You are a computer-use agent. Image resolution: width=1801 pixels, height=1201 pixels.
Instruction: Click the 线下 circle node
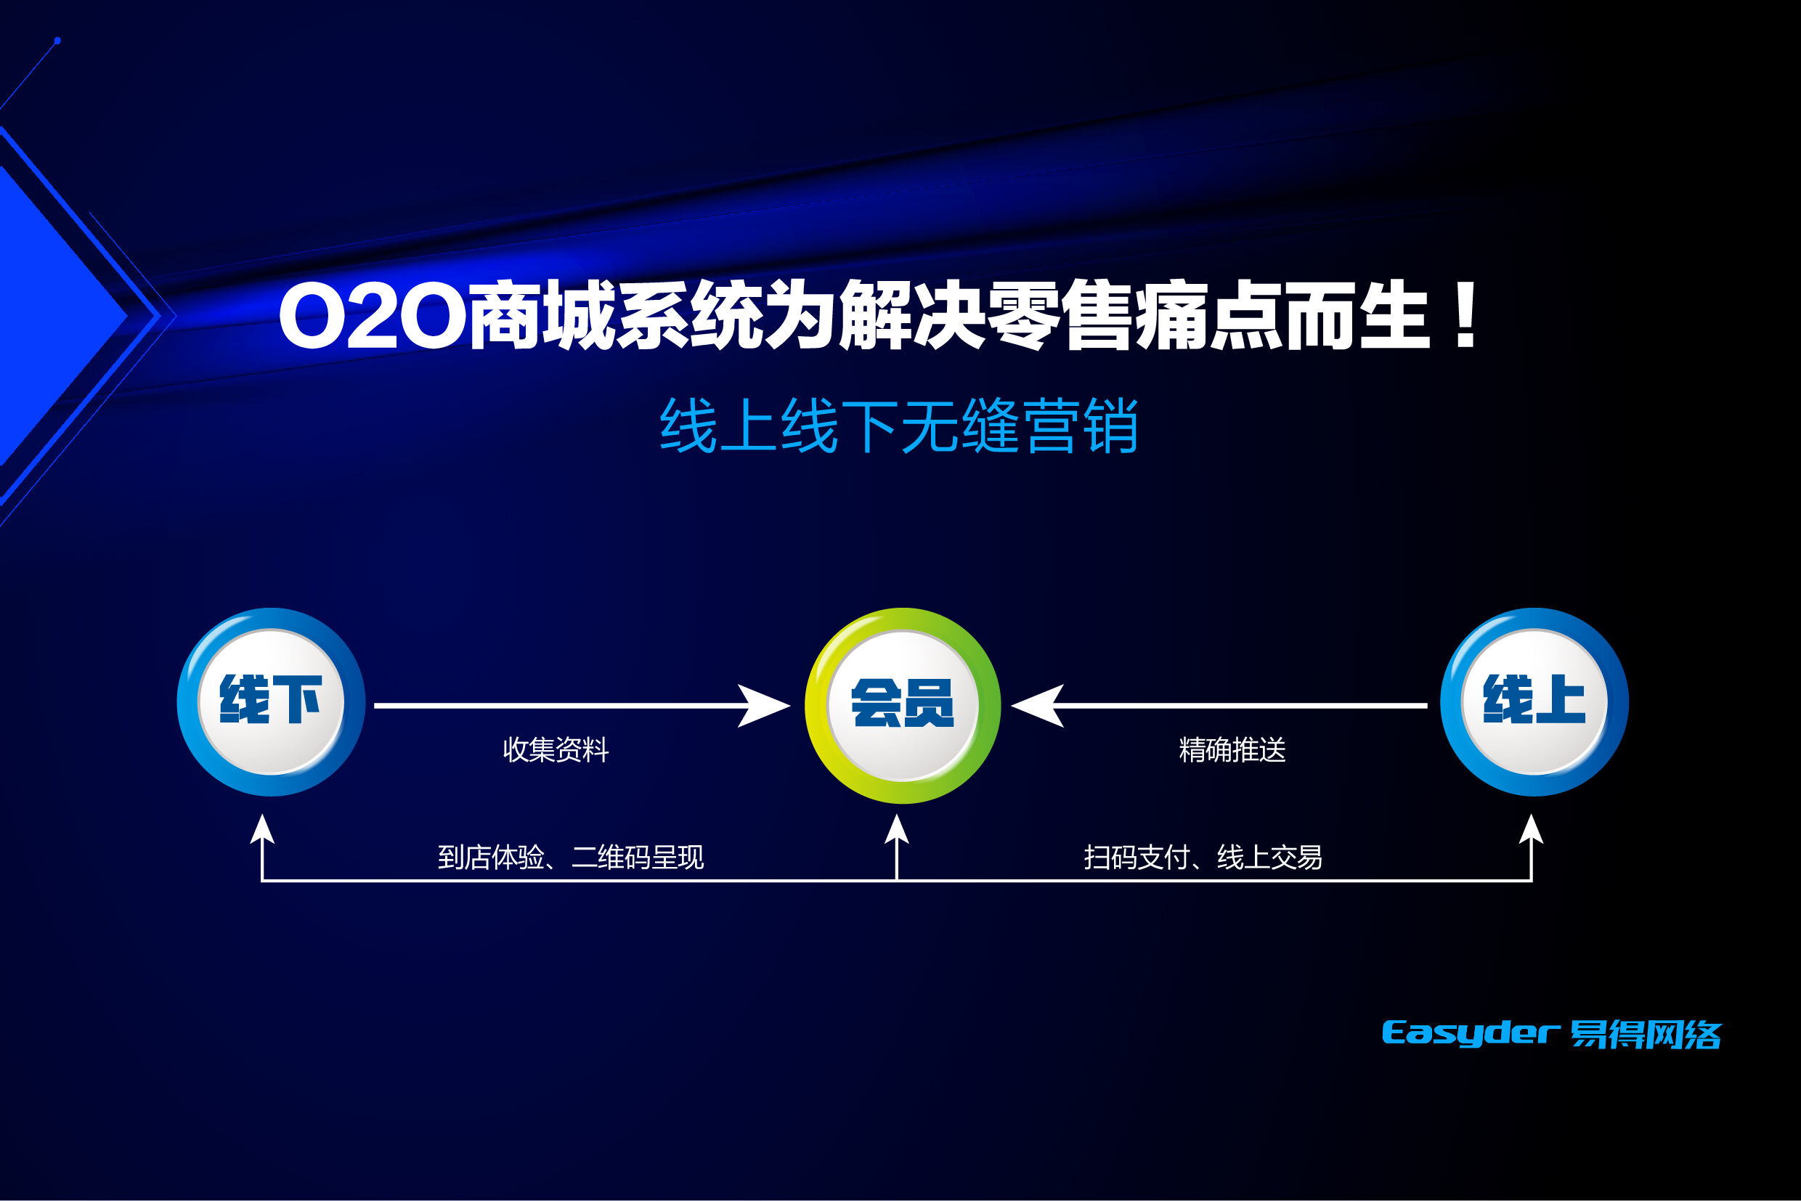click(271, 701)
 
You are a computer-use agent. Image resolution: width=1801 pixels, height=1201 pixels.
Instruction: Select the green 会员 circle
click(903, 706)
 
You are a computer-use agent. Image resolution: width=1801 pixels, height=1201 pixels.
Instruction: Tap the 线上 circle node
click(1534, 701)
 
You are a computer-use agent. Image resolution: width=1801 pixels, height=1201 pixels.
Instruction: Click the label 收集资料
click(556, 749)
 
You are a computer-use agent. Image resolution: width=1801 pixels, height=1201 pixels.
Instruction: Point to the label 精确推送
click(1232, 749)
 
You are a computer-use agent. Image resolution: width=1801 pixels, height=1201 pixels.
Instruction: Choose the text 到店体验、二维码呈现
click(570, 857)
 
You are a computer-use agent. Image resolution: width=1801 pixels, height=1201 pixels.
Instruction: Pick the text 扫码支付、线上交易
click(1203, 857)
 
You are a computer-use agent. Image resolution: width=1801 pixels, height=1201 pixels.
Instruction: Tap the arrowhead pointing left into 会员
click(1037, 706)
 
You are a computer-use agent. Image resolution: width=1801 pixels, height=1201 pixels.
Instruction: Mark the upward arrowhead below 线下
click(263, 829)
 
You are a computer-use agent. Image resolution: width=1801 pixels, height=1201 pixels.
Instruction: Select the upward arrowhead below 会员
click(896, 829)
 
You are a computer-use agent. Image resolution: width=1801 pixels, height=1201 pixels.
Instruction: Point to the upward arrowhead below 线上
click(1532, 829)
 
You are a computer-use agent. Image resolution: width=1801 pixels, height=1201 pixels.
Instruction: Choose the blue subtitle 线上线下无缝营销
click(898, 426)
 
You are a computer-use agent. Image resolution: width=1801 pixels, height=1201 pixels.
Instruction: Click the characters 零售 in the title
click(1060, 315)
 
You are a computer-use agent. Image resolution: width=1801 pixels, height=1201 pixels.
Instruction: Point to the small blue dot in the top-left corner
click(57, 41)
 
